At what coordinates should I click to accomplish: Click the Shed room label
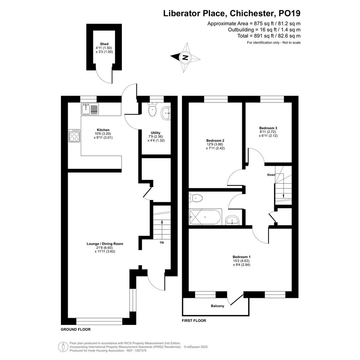[104, 44]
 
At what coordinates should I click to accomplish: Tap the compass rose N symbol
[185, 57]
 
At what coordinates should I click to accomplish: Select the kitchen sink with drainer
[90, 109]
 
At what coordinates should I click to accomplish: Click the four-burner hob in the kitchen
[75, 136]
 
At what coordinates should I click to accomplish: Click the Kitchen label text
[103, 130]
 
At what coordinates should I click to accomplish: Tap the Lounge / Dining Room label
[105, 244]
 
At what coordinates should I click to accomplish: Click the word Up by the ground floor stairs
[162, 242]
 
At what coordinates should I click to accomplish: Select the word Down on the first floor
[271, 175]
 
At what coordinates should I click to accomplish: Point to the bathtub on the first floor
[205, 217]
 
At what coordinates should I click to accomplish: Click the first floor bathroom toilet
[195, 198]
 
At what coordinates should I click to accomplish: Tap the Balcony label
[218, 306]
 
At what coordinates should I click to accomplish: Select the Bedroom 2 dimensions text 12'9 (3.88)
[215, 144]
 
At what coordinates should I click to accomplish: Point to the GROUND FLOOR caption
[75, 330]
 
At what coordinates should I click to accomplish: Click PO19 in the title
[289, 13]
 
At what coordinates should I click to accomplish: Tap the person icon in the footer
[63, 347]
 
